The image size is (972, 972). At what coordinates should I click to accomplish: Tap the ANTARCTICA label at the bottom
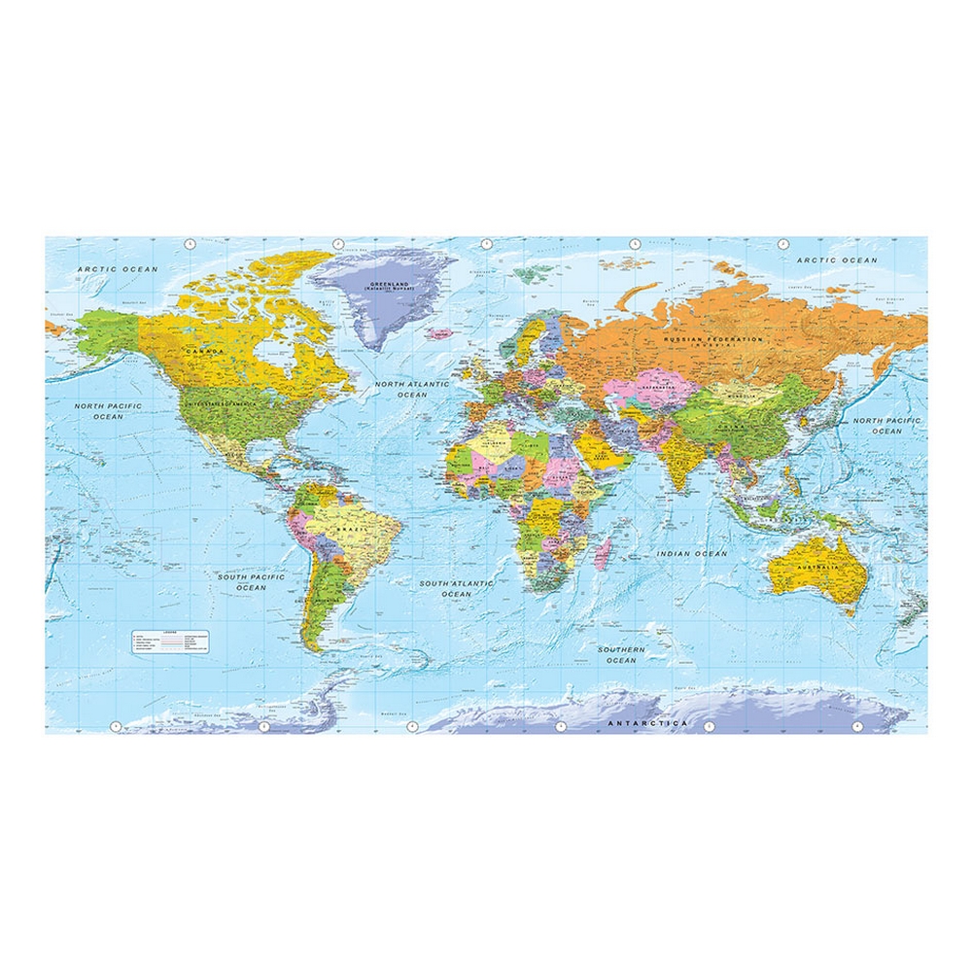tap(647, 723)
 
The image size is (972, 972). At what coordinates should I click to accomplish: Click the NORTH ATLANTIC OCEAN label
tap(413, 389)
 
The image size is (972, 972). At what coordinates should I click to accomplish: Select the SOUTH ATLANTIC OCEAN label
tap(457, 588)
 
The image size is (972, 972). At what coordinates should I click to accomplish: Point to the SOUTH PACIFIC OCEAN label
tap(251, 582)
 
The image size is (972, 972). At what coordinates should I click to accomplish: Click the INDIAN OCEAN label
tap(691, 554)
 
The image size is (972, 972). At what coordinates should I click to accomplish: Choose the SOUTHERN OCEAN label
tap(621, 654)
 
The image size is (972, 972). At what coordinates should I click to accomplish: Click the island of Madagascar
tap(602, 555)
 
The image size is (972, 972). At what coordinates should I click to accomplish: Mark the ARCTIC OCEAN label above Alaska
tap(112, 269)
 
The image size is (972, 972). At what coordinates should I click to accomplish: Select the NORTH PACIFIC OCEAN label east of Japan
tap(886, 425)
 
